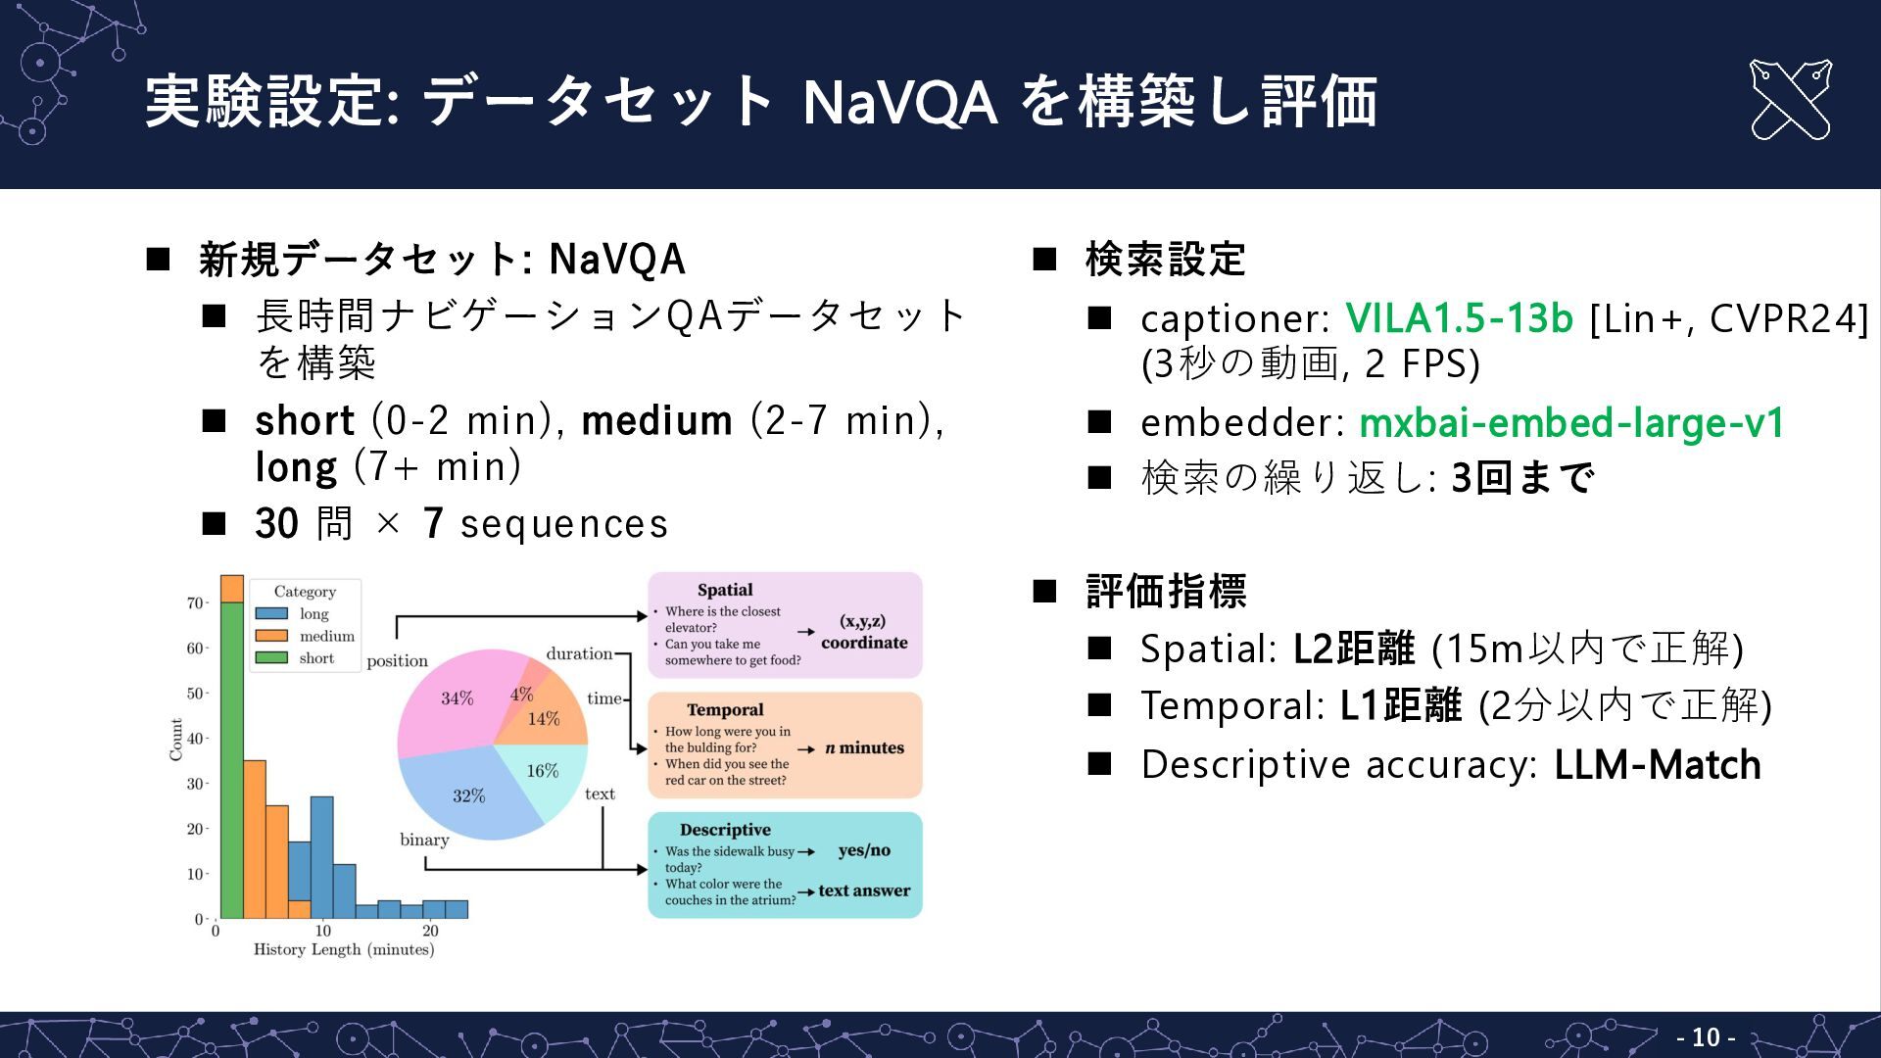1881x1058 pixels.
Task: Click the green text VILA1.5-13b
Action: tap(1459, 318)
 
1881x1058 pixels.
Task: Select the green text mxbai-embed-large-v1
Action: tap(1571, 423)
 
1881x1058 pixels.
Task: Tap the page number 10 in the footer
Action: tap(1706, 1036)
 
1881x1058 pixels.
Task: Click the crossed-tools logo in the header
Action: tap(1790, 100)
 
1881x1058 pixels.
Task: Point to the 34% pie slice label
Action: tap(457, 698)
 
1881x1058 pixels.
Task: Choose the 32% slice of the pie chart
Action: tap(468, 795)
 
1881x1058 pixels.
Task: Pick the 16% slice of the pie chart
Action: tap(542, 771)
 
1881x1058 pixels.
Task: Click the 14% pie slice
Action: tap(544, 719)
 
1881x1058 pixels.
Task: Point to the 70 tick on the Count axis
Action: tap(194, 602)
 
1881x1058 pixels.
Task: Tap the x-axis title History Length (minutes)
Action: tap(344, 949)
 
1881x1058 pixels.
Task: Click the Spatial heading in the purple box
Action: tap(725, 590)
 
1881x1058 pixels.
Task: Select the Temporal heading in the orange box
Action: tap(725, 709)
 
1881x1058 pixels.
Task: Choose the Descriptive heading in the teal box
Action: tap(725, 830)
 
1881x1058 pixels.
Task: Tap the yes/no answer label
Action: tap(864, 850)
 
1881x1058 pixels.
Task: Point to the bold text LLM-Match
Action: tap(1658, 765)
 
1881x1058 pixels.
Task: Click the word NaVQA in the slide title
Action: tap(899, 102)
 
